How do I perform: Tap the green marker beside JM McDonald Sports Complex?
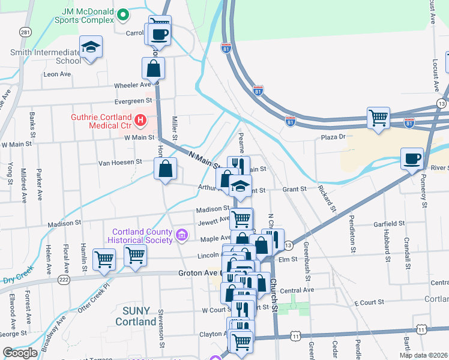tap(123, 13)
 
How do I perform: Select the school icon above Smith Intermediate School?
tap(91, 47)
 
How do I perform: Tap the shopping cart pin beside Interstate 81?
tap(378, 118)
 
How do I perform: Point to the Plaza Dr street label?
tap(334, 137)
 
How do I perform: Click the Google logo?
tap(21, 353)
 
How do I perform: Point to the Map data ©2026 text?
tap(423, 355)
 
